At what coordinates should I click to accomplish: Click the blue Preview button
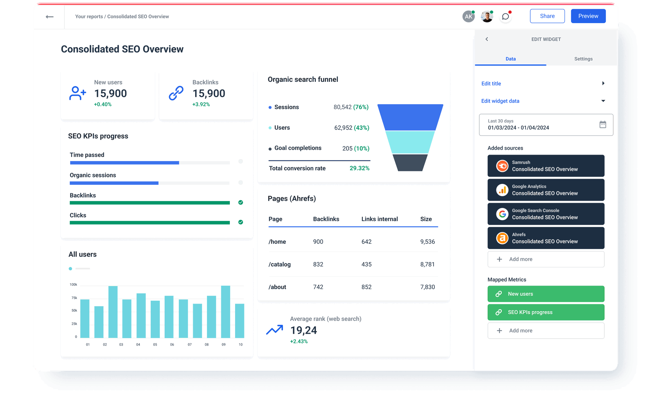[588, 16]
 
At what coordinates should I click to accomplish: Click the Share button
[547, 16]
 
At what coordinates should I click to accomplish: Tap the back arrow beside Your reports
[50, 17]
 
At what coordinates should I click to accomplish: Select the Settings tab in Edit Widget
[583, 59]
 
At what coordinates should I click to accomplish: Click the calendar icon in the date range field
[603, 125]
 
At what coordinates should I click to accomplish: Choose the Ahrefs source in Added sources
[546, 238]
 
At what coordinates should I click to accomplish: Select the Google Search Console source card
[546, 214]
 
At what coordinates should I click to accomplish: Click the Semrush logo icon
[502, 166]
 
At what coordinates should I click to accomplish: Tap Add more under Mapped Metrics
[546, 330]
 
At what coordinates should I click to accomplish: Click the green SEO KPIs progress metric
[546, 312]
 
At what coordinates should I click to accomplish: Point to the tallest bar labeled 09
[225, 312]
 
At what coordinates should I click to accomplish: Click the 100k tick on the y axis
[73, 284]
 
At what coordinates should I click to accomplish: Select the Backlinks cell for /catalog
[318, 264]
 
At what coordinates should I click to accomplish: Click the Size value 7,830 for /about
[427, 287]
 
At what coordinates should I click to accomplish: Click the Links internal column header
[379, 219]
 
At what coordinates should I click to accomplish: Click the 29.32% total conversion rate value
[359, 168]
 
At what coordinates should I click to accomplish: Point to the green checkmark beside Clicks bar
[240, 222]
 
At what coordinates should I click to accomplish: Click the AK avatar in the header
[468, 17]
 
